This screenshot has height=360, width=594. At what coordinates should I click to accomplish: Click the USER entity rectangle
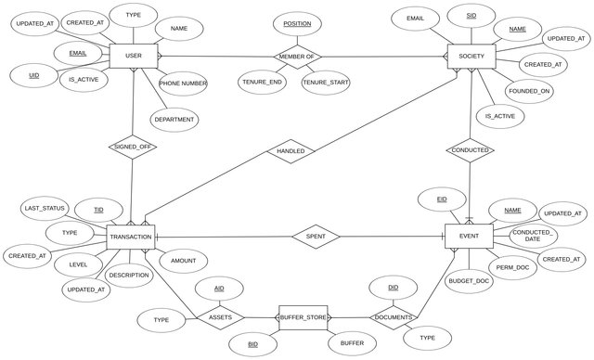pos(134,56)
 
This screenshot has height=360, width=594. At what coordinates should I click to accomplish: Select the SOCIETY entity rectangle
pos(471,57)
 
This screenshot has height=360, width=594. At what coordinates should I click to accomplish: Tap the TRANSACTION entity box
pos(131,237)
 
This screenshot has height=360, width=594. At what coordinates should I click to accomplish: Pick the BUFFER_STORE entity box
pos(303,317)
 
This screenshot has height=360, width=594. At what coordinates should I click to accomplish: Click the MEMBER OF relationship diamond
pos(297,57)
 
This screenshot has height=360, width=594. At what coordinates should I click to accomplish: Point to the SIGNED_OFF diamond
pos(133,147)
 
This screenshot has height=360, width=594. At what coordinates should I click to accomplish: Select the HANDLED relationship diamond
pos(291,151)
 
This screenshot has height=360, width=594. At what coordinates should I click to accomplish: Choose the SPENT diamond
pos(316,237)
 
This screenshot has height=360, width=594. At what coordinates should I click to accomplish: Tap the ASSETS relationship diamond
pos(221,317)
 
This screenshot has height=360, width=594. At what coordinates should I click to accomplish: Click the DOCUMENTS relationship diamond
pos(394,317)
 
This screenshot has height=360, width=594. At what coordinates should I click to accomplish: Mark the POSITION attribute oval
pos(297,24)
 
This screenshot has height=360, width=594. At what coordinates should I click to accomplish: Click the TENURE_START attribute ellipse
pos(326,83)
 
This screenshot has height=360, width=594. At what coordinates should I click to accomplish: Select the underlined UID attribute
pos(34,76)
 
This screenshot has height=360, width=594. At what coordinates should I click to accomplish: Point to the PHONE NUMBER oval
pos(183,84)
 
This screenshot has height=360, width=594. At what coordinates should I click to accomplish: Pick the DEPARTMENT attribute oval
pos(174,120)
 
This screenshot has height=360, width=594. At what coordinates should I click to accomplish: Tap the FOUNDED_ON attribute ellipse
pos(529,91)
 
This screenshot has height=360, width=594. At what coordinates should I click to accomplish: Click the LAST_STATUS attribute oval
pos(45,208)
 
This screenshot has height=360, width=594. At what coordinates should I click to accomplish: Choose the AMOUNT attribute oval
pos(184,261)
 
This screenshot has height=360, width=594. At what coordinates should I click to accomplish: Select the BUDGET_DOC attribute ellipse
pos(469,281)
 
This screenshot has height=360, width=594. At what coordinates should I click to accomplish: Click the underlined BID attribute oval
pos(253,344)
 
